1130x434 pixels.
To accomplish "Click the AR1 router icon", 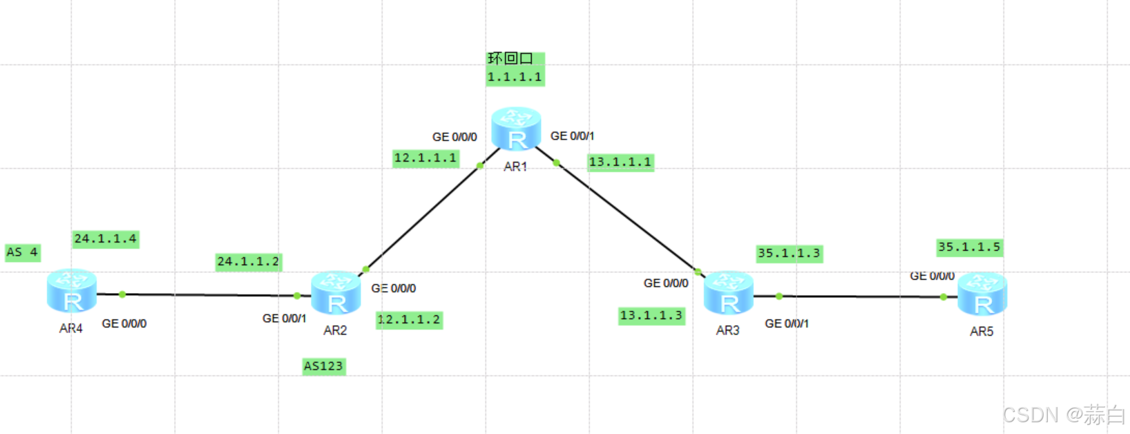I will (516, 129).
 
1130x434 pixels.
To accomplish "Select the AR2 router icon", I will (336, 293).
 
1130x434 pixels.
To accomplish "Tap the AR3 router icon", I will (728, 293).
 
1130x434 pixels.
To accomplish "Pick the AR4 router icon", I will (72, 291).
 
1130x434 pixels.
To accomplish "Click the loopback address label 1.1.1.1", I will (515, 77).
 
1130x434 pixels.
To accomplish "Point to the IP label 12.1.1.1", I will (425, 158).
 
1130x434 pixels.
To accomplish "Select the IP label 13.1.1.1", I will (620, 162).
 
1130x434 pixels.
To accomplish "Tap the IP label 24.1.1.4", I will (106, 239).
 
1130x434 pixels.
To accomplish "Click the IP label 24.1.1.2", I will (248, 262).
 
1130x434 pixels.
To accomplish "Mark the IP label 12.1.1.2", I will (409, 320).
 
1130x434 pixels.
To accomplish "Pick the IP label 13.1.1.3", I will (651, 316).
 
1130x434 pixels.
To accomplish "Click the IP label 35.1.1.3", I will (789, 254).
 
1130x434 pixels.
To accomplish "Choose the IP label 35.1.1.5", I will (969, 247).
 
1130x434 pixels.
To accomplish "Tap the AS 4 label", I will (23, 252).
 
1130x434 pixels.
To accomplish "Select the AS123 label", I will (323, 366).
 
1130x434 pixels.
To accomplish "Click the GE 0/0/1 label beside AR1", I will (572, 136).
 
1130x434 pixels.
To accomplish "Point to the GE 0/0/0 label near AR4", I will (124, 323).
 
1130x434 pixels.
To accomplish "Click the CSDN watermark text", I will (1064, 415).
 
